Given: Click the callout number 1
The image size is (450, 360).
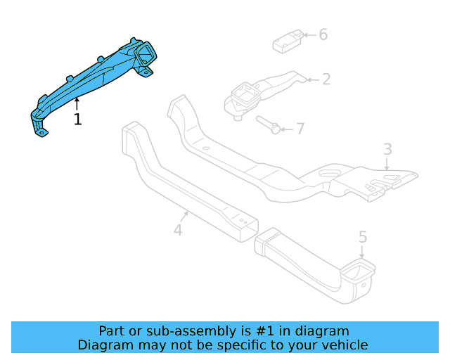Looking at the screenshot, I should pyautogui.click(x=77, y=120).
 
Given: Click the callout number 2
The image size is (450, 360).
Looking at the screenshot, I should pyautogui.click(x=326, y=79).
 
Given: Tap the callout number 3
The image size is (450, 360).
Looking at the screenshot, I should pyautogui.click(x=387, y=149).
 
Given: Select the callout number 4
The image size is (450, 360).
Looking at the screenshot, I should pyautogui.click(x=178, y=229).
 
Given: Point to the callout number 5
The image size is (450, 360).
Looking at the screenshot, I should pyautogui.click(x=363, y=237).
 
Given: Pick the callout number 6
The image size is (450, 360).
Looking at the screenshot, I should pyautogui.click(x=323, y=34).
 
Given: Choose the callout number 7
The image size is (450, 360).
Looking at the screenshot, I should pyautogui.click(x=300, y=129).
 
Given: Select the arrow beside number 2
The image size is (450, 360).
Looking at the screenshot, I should pyautogui.click(x=313, y=79).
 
